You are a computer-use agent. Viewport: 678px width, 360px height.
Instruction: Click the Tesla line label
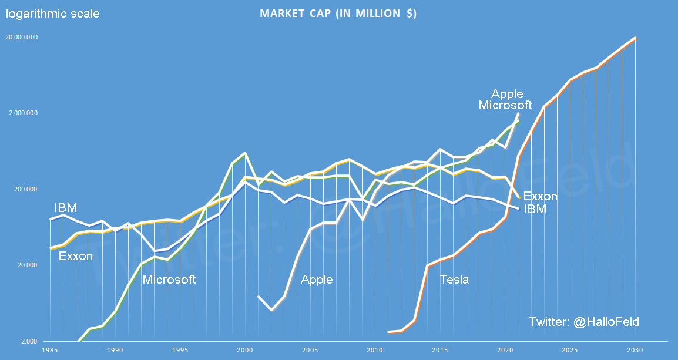[454, 280]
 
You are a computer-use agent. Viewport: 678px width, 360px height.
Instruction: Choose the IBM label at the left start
[66, 208]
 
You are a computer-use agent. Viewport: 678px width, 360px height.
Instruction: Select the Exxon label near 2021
[540, 196]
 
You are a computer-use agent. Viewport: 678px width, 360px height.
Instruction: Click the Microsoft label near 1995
[169, 280]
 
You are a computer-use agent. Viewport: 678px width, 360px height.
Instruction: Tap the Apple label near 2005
[317, 280]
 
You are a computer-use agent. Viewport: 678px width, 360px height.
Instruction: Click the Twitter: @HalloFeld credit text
[583, 322]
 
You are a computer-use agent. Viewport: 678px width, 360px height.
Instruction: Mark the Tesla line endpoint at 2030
[635, 38]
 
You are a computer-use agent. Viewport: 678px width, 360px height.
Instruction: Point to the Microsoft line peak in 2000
[244, 153]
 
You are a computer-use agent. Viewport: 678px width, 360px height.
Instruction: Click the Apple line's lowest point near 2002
[271, 310]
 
